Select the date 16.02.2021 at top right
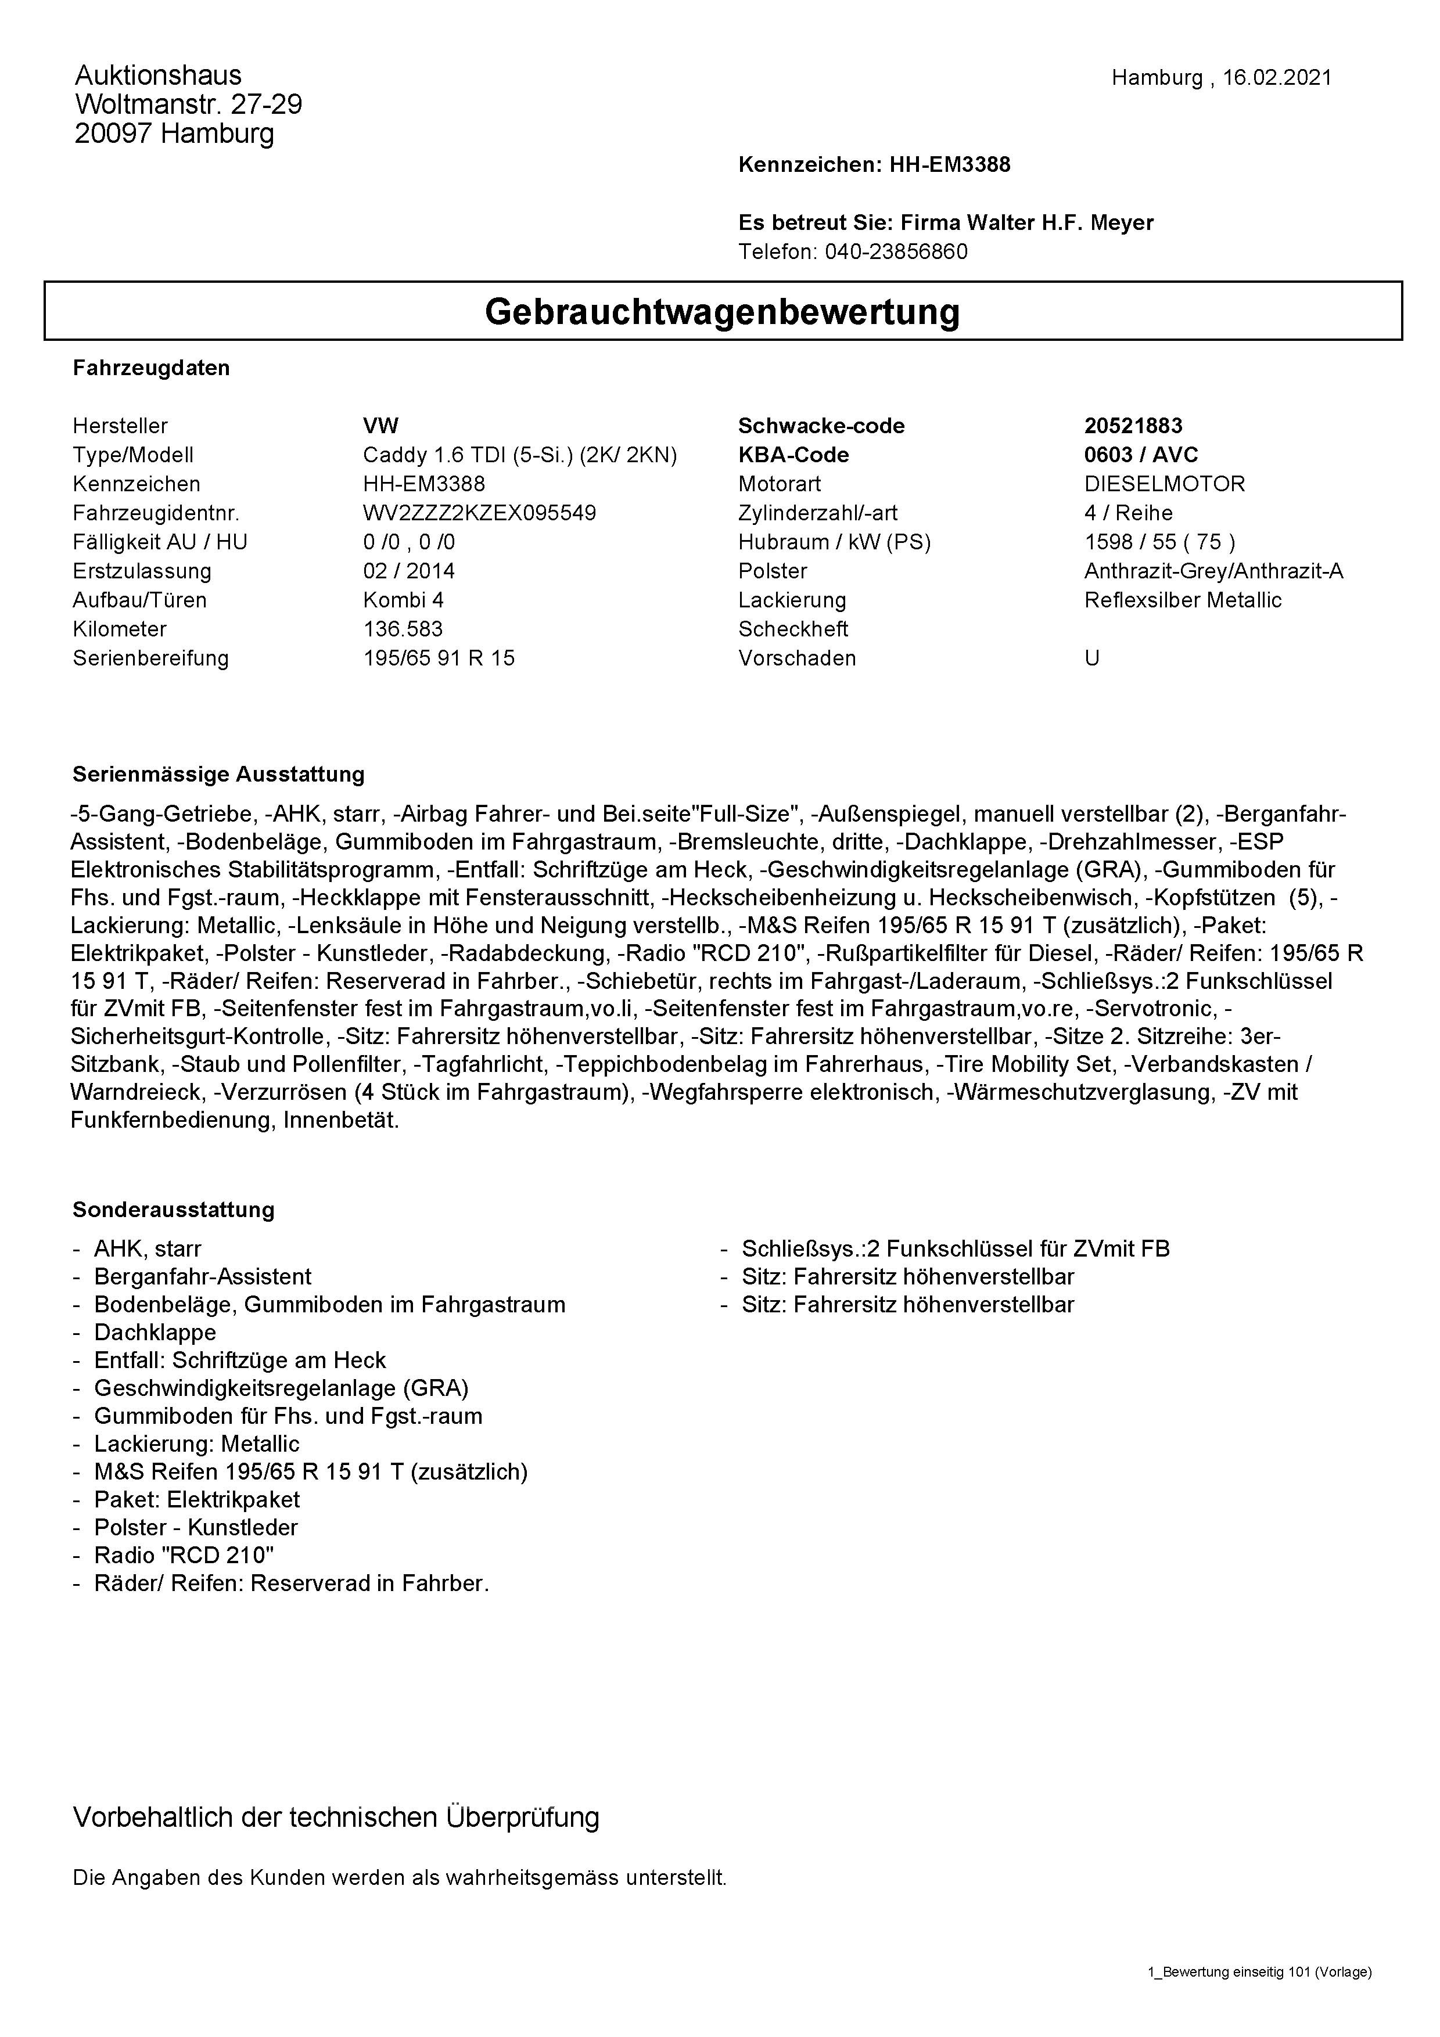1277,78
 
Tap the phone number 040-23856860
896,252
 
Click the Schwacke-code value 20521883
1133,426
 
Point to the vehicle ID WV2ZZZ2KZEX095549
479,513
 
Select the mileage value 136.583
403,629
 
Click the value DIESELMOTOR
1164,484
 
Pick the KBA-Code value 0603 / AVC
1141,455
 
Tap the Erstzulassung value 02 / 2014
408,571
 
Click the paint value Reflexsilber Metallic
1183,600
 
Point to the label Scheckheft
792,629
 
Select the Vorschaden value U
1091,658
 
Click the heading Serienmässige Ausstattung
218,775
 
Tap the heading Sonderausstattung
173,1210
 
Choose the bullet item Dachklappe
155,1333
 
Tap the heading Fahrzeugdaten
151,368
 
